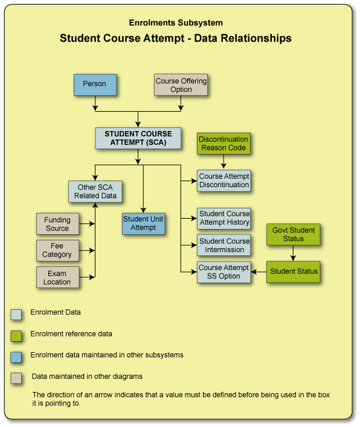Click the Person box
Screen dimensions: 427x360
(x=94, y=85)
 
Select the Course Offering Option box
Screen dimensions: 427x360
(x=181, y=85)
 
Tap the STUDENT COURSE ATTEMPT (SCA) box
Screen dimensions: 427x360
(x=138, y=138)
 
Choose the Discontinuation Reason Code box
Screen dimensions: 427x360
(x=223, y=144)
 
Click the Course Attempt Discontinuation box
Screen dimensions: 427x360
(x=223, y=181)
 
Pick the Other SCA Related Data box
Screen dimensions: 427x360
(x=95, y=191)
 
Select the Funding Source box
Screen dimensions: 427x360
(x=57, y=224)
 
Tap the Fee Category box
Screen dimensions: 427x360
(x=57, y=250)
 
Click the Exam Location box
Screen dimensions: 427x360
(x=57, y=277)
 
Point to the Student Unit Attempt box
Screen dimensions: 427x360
(x=143, y=223)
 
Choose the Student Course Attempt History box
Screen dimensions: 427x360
(x=223, y=218)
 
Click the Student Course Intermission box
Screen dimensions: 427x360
(x=223, y=245)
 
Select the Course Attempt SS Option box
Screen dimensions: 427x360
(x=223, y=272)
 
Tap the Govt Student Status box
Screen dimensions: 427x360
(x=294, y=234)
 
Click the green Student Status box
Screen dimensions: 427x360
(x=294, y=272)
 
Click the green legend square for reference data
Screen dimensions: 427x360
(x=16, y=335)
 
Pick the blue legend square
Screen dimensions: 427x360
(x=16, y=356)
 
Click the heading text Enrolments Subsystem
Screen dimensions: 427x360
(x=176, y=23)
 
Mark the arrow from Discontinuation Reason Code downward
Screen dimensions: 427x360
(x=223, y=162)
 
